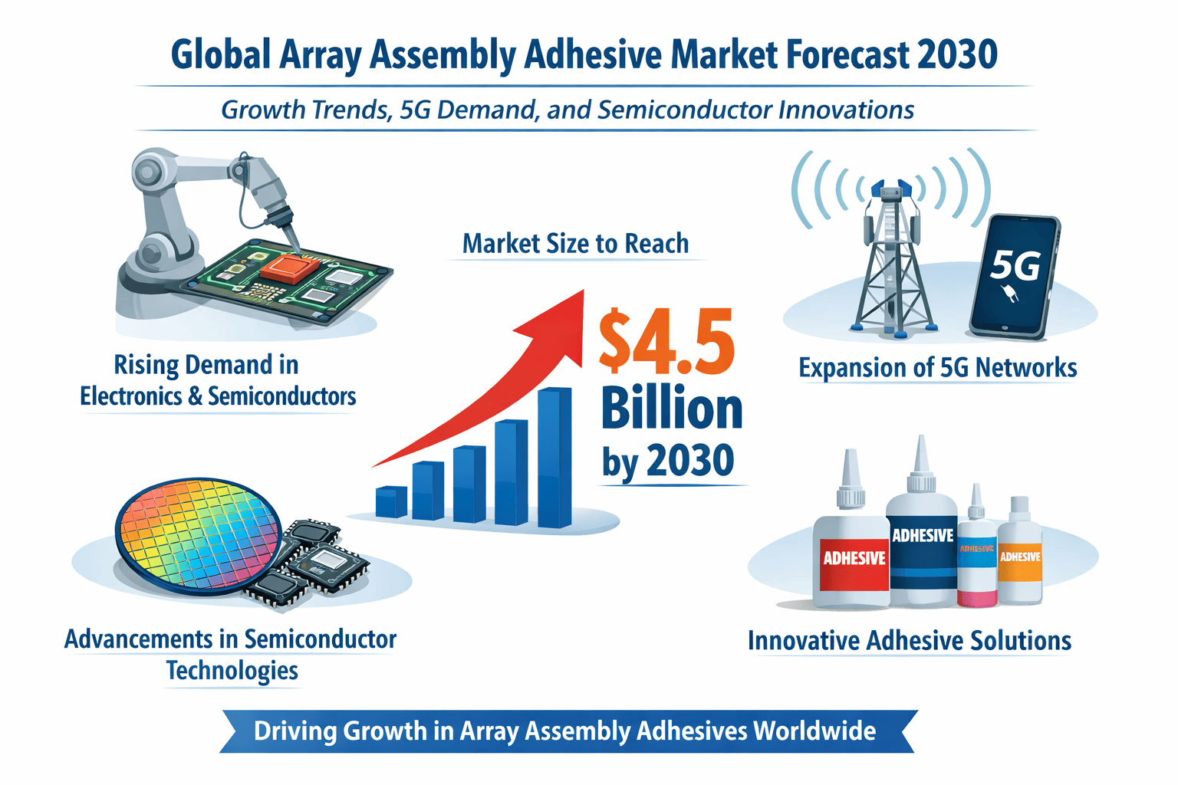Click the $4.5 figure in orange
tap(666, 342)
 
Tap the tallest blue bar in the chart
tap(554, 458)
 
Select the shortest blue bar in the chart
tap(391, 501)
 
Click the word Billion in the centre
tap(671, 409)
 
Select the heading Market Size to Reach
tap(575, 244)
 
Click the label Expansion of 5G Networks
tap(937, 368)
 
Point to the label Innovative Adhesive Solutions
tap(910, 641)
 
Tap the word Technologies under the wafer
tap(232, 671)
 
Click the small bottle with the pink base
tap(977, 563)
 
